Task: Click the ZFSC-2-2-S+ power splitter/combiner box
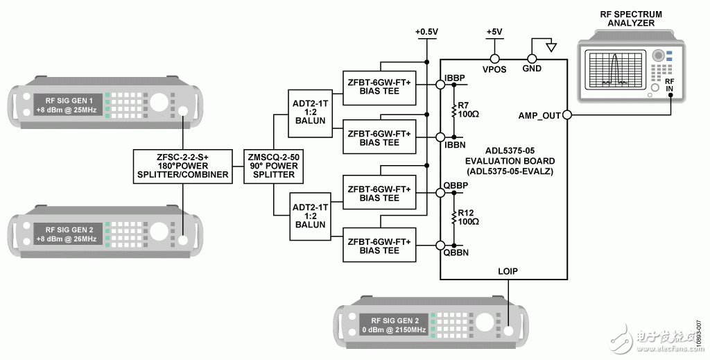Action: click(183, 166)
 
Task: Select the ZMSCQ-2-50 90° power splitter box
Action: click(273, 166)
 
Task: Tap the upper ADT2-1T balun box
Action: click(310, 113)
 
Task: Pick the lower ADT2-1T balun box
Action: click(310, 216)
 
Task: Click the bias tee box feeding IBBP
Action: click(379, 88)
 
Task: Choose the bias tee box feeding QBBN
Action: click(379, 245)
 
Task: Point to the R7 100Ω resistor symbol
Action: click(453, 111)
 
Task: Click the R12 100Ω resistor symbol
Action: click(453, 219)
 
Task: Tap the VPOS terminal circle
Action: click(494, 59)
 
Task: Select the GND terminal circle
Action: click(532, 59)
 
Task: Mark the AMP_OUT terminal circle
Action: click(567, 115)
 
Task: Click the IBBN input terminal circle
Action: click(440, 137)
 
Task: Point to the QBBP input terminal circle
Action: click(440, 193)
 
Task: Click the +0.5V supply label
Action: click(426, 32)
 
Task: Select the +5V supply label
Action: click(494, 32)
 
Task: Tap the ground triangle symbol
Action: click(551, 46)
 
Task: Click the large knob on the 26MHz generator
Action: click(158, 232)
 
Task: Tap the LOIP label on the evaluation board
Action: click(508, 271)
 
